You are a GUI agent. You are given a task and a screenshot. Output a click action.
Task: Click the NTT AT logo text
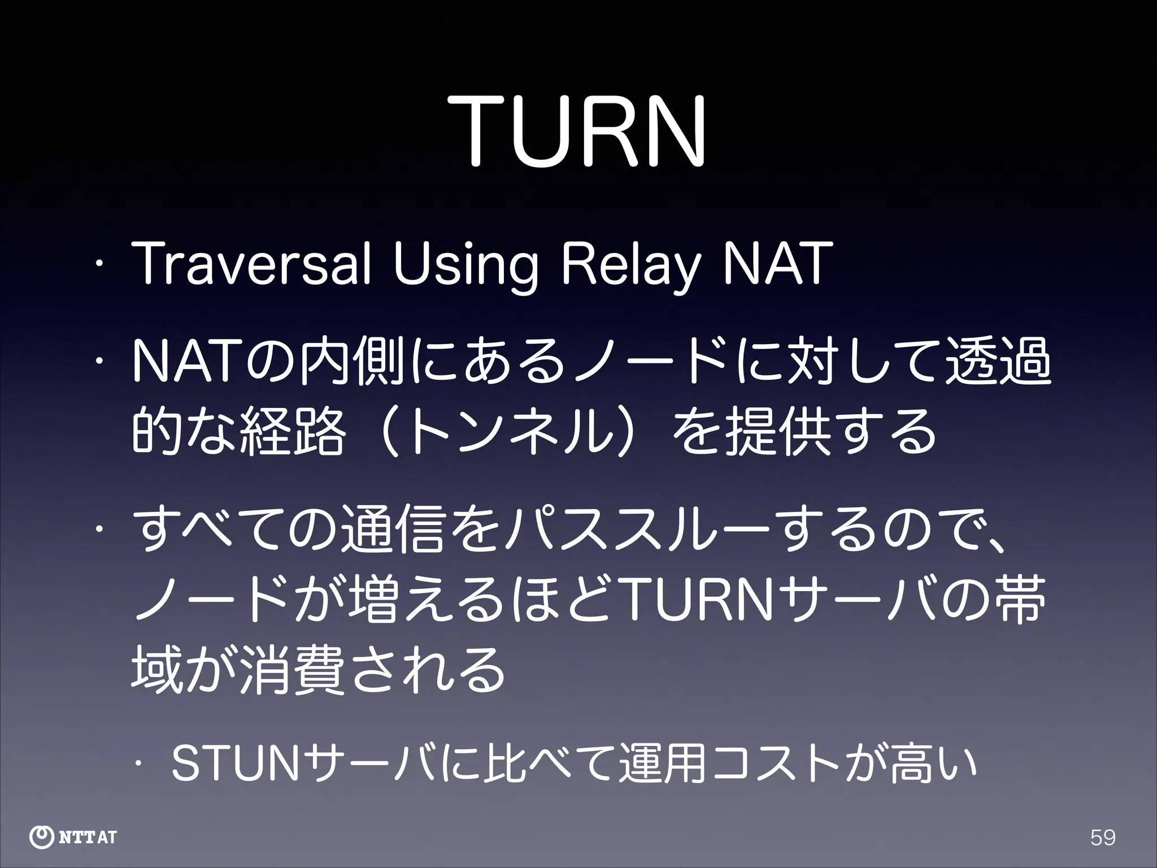pyautogui.click(x=88, y=837)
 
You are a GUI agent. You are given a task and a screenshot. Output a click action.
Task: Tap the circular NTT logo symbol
pyautogui.click(x=41, y=837)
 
